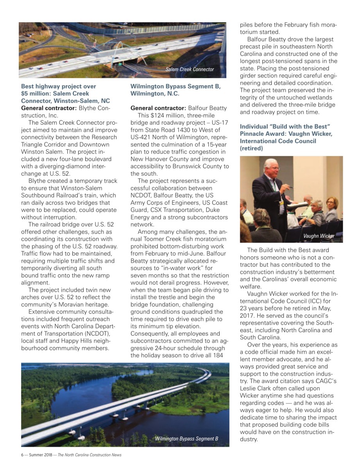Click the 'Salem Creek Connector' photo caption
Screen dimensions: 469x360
(x=190, y=69)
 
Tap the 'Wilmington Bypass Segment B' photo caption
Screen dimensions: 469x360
(x=186, y=439)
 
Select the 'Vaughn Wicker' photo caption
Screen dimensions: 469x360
(x=319, y=236)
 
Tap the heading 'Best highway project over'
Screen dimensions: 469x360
(x=58, y=86)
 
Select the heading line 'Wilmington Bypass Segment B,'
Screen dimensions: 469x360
(x=176, y=86)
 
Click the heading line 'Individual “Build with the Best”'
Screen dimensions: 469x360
(x=285, y=127)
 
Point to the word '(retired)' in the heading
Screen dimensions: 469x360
(x=251, y=149)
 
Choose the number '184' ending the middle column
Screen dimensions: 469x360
(x=220, y=355)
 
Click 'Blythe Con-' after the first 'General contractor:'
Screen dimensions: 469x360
(x=95, y=108)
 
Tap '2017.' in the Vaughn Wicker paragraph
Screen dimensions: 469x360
(x=247, y=315)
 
